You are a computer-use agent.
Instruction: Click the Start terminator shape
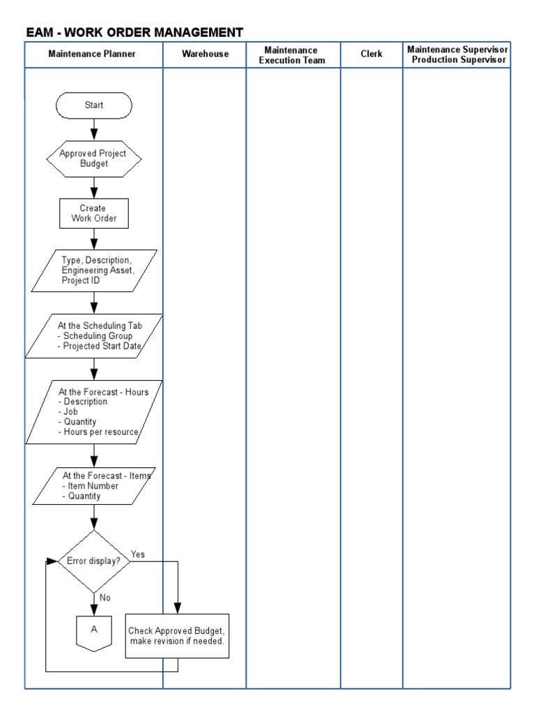pyautogui.click(x=93, y=105)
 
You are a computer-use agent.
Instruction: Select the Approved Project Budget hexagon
pyautogui.click(x=93, y=159)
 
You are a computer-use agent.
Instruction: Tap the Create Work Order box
pyautogui.click(x=93, y=213)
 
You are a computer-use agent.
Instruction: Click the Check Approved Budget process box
pyautogui.click(x=177, y=635)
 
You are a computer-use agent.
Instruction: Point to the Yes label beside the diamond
pyautogui.click(x=138, y=554)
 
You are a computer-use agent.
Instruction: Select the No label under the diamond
pyautogui.click(x=104, y=598)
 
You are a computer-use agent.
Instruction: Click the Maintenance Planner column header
pyautogui.click(x=93, y=54)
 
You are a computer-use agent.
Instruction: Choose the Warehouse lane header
pyautogui.click(x=205, y=54)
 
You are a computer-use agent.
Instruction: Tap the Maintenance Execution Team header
pyautogui.click(x=292, y=55)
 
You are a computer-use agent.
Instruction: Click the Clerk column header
pyautogui.click(x=371, y=54)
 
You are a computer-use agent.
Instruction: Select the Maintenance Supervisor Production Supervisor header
pyautogui.click(x=458, y=55)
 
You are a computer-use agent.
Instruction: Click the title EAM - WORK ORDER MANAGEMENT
pyautogui.click(x=134, y=32)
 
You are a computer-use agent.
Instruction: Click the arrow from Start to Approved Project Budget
pyautogui.click(x=93, y=129)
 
